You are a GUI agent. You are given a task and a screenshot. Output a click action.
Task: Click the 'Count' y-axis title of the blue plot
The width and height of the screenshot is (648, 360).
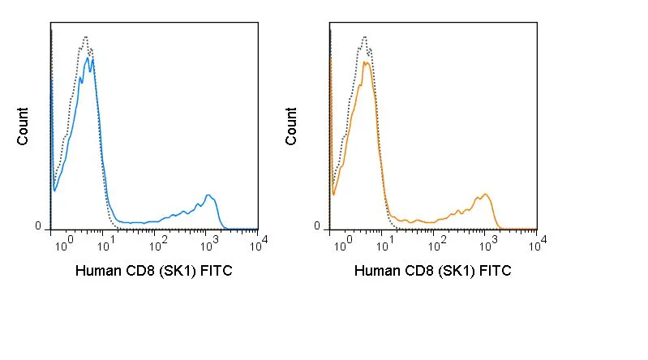pos(23,126)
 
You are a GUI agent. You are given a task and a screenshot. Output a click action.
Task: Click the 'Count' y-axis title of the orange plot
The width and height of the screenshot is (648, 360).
pos(291,126)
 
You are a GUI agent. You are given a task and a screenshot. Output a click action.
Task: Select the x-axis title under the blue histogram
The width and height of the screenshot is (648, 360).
pos(154,271)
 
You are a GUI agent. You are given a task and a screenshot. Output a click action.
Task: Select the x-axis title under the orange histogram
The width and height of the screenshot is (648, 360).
pos(433,271)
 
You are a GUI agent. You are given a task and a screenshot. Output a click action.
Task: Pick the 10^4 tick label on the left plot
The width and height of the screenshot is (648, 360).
pos(259,244)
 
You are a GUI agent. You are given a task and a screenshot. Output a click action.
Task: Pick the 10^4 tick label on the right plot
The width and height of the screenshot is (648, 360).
pos(538,244)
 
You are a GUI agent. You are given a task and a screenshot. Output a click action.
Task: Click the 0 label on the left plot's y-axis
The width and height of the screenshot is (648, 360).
pos(38,226)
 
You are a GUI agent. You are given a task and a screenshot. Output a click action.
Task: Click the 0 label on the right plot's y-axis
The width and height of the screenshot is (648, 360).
pos(317,226)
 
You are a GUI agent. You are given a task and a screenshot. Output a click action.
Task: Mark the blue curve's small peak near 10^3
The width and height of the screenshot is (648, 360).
pos(208,195)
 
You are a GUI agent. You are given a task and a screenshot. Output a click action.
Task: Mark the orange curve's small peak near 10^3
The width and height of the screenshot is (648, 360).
pos(486,194)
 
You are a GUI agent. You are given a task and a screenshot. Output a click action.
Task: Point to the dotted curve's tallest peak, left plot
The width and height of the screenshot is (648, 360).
pos(85,36)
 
